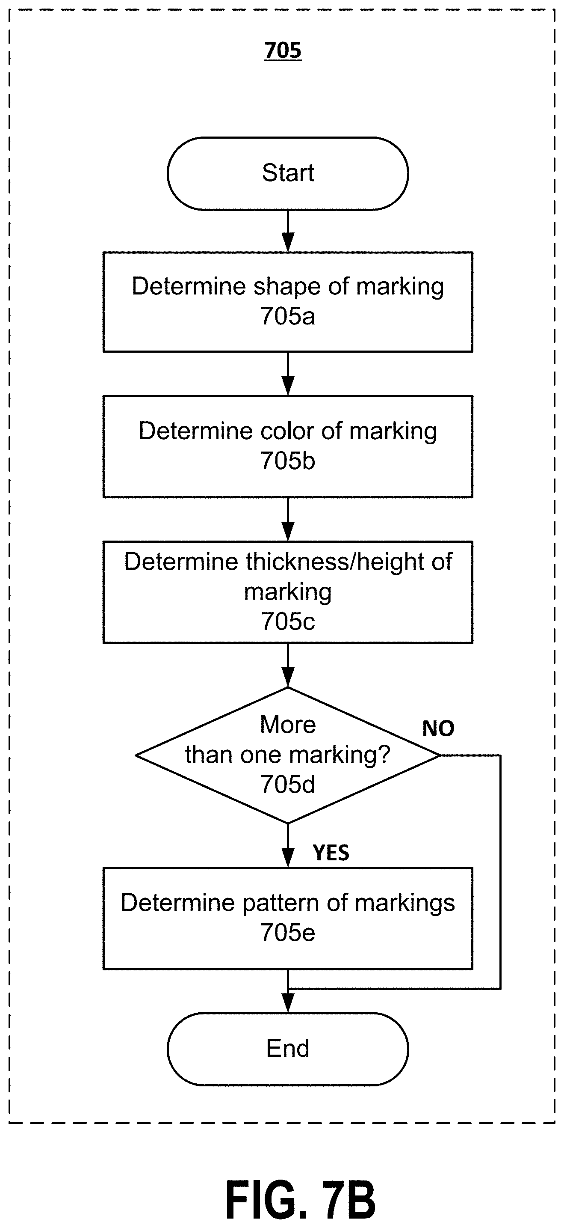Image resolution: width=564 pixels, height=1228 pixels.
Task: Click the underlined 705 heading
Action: pyautogui.click(x=283, y=51)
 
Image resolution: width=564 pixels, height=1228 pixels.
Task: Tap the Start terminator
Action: pyautogui.click(x=288, y=173)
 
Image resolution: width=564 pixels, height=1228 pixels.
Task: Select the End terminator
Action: pyautogui.click(x=288, y=1049)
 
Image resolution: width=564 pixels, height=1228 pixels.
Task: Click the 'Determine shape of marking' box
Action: pyautogui.click(x=288, y=302)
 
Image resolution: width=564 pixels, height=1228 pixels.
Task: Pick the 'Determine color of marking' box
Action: pyautogui.click(x=288, y=447)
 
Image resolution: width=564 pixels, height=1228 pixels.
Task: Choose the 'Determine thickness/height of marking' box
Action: pyautogui.click(x=288, y=592)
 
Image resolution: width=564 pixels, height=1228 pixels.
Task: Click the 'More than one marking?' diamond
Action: pyautogui.click(x=288, y=755)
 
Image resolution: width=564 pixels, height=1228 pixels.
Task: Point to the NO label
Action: pyautogui.click(x=438, y=729)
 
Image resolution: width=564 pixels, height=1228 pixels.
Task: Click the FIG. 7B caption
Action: pyautogui.click(x=301, y=1200)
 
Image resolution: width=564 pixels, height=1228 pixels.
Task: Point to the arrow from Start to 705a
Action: pyautogui.click(x=288, y=231)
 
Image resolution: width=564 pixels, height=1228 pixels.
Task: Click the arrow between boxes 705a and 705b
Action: pyautogui.click(x=288, y=374)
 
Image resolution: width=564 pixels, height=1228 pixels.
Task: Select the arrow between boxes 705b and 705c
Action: pyautogui.click(x=288, y=520)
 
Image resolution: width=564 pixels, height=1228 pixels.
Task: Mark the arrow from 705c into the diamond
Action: pyautogui.click(x=288, y=666)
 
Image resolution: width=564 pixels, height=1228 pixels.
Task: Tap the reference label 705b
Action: pyautogui.click(x=288, y=461)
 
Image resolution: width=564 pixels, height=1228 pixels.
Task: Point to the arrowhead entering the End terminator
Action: pyautogui.click(x=288, y=1003)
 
